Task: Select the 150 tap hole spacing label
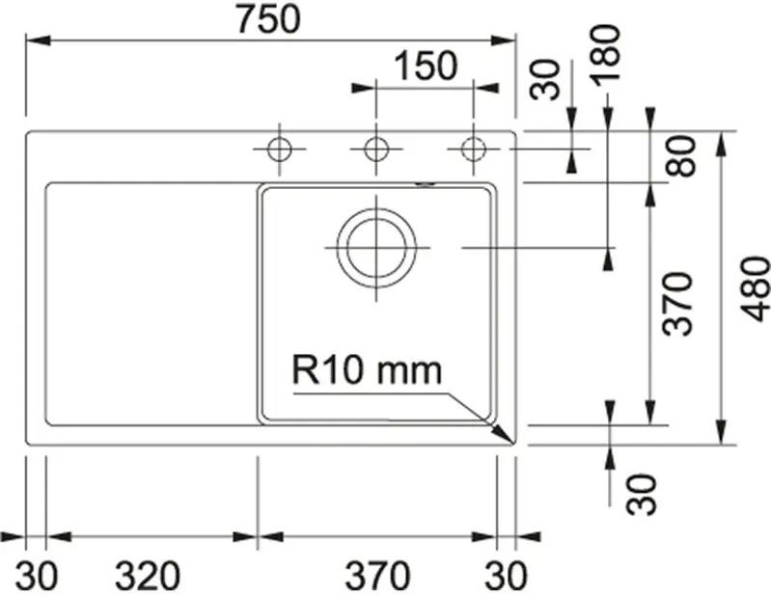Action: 424,67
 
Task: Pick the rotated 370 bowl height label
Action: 681,303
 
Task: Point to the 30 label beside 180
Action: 546,79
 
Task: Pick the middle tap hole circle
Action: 375,149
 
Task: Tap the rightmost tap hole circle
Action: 472,149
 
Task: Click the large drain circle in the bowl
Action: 375,247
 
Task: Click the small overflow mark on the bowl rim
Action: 426,184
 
